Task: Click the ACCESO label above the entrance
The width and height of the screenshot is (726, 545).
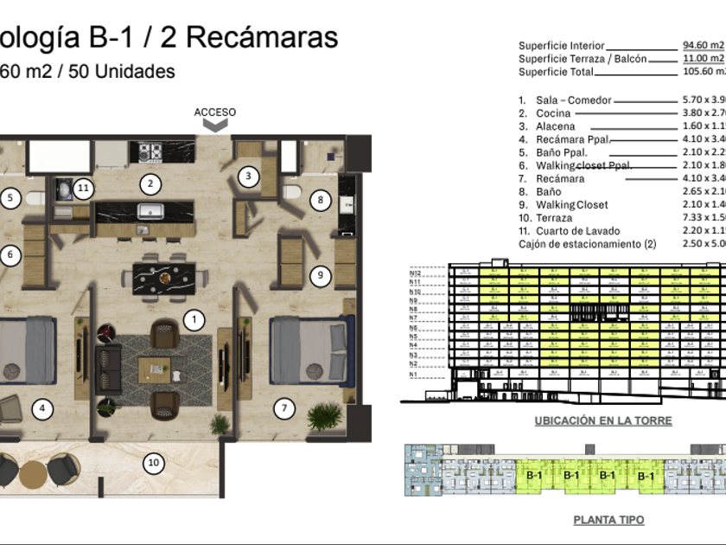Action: pyautogui.click(x=214, y=112)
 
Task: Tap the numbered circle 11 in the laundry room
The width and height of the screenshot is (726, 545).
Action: pyautogui.click(x=83, y=187)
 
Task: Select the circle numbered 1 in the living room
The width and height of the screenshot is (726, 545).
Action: pyautogui.click(x=194, y=321)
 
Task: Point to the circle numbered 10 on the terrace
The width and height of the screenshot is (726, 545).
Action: pyautogui.click(x=153, y=463)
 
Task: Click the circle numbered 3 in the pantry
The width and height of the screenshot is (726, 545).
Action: pyautogui.click(x=248, y=176)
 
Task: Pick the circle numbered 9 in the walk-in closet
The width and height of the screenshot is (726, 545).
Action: pyautogui.click(x=319, y=276)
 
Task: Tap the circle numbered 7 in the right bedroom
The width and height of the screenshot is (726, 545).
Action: pyautogui.click(x=283, y=407)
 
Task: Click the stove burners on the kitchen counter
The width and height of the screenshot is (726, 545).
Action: pyautogui.click(x=150, y=153)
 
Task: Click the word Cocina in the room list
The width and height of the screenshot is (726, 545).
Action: pyautogui.click(x=553, y=113)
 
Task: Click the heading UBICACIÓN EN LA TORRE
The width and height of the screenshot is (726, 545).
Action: pyautogui.click(x=602, y=421)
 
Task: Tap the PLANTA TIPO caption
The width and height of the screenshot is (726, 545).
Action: pyautogui.click(x=608, y=521)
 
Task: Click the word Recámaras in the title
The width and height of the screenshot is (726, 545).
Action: pyautogui.click(x=262, y=38)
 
